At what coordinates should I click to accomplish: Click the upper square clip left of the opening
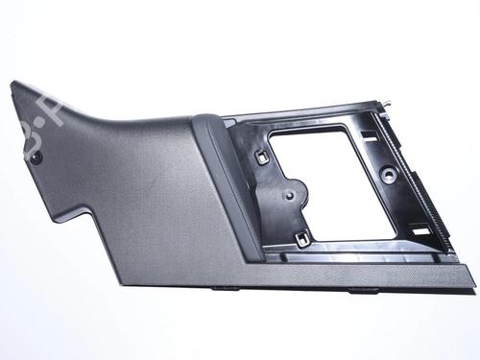click(x=261, y=152)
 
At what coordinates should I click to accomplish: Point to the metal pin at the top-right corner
click(x=390, y=101)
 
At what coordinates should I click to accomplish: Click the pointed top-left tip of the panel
click(x=13, y=84)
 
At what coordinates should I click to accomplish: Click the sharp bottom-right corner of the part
click(x=473, y=284)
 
